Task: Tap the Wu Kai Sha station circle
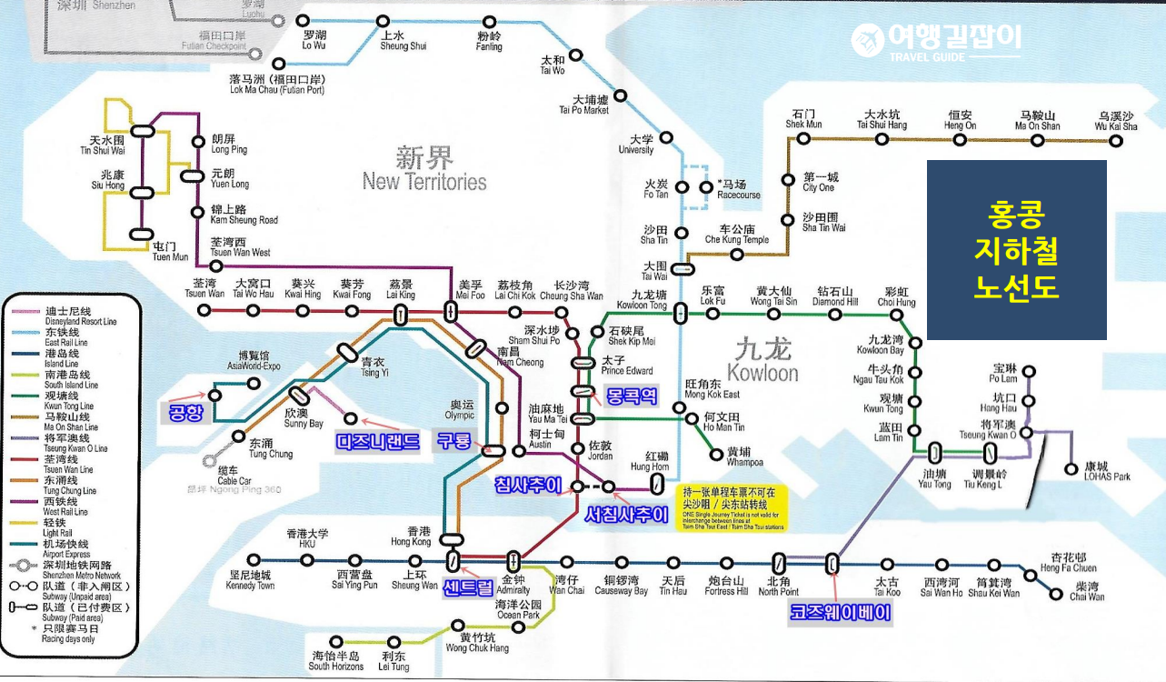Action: click(x=1117, y=138)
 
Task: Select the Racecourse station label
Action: click(x=739, y=189)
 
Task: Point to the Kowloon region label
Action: click(x=762, y=361)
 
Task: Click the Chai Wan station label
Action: click(x=1087, y=591)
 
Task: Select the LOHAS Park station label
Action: click(x=1108, y=471)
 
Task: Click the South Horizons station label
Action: click(x=336, y=661)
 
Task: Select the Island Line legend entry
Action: click(x=67, y=358)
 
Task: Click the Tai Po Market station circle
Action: click(x=621, y=95)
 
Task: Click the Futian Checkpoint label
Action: click(x=214, y=41)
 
